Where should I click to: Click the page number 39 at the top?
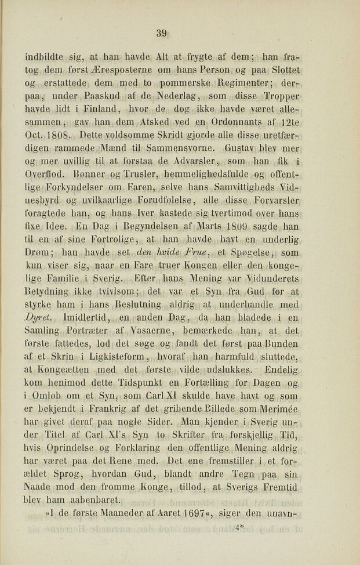click(162, 34)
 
